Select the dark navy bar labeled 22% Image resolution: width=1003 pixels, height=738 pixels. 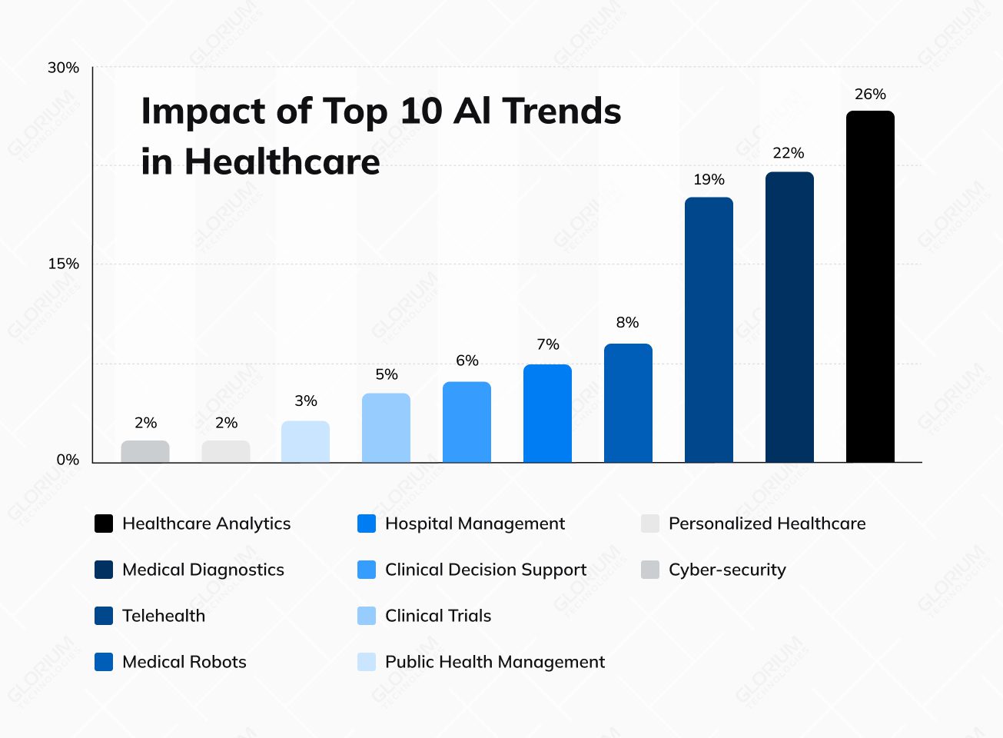pos(789,317)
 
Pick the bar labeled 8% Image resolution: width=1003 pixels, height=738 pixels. pos(628,403)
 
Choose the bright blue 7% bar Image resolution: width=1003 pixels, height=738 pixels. pos(547,413)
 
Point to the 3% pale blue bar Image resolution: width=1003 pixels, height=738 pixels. pos(305,441)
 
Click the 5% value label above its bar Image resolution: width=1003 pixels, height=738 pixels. pos(387,374)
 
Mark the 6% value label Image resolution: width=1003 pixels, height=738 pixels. pos(467,361)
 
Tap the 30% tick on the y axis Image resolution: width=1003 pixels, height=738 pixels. pos(63,68)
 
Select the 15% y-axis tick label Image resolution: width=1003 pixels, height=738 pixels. pos(63,264)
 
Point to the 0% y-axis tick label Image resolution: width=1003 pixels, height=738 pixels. pos(68,460)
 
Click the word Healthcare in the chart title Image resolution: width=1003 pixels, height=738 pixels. pos(282,162)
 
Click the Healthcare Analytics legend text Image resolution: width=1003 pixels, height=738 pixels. pos(206,524)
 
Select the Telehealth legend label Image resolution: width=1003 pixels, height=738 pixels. pos(164,616)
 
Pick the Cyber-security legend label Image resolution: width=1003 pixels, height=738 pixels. pos(727,570)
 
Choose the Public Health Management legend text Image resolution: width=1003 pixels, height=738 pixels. pos(494,662)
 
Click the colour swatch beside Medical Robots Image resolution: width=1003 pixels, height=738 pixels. pos(104,662)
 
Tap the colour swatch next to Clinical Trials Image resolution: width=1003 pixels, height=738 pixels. pos(367,616)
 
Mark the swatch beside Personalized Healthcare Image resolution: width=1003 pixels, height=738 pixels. pos(650,524)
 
